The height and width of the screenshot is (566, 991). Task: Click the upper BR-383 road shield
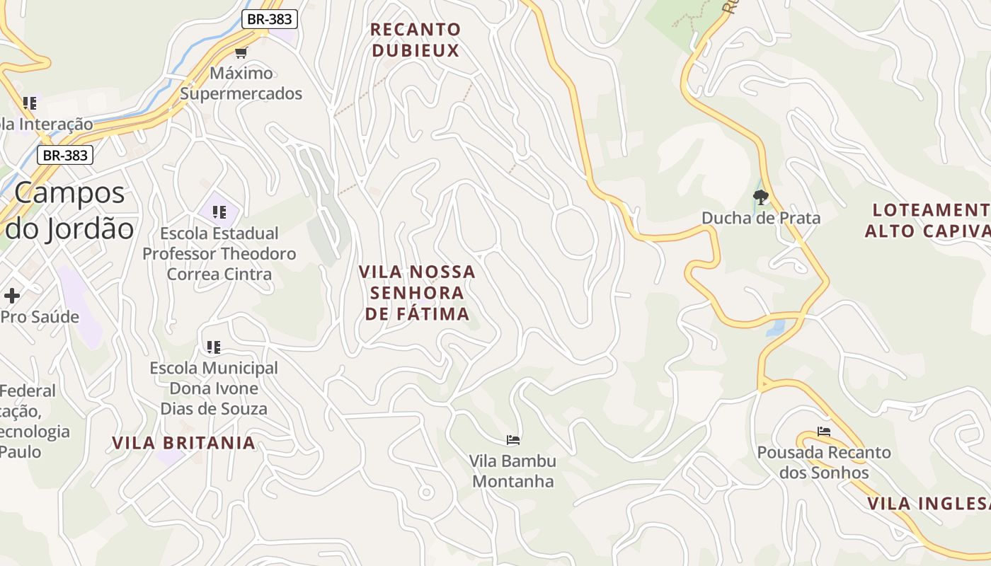pyautogui.click(x=269, y=19)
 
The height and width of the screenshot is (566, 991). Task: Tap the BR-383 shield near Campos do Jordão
pyautogui.click(x=65, y=155)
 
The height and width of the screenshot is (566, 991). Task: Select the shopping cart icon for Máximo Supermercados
pyautogui.click(x=241, y=52)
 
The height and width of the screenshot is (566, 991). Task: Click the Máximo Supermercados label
pyautogui.click(x=241, y=83)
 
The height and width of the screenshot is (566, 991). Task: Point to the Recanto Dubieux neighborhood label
pyautogui.click(x=416, y=40)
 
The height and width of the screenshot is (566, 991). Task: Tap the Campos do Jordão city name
pyautogui.click(x=69, y=211)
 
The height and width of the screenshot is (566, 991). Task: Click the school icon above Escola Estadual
pyautogui.click(x=219, y=212)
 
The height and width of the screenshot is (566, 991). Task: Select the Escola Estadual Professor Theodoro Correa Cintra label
pyautogui.click(x=219, y=253)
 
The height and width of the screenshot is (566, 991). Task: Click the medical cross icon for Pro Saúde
pyautogui.click(x=12, y=296)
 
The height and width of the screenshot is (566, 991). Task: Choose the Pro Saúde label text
pyautogui.click(x=40, y=317)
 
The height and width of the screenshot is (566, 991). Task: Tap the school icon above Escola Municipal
pyautogui.click(x=214, y=347)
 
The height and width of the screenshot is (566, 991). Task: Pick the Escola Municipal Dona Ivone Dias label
pyautogui.click(x=214, y=388)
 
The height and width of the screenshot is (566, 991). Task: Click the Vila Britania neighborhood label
pyautogui.click(x=183, y=443)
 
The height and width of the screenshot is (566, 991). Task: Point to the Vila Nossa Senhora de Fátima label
pyautogui.click(x=417, y=293)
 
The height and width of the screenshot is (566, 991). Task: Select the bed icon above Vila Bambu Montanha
pyautogui.click(x=514, y=440)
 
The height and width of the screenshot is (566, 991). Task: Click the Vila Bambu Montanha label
pyautogui.click(x=514, y=471)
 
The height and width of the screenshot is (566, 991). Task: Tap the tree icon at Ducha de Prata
pyautogui.click(x=761, y=197)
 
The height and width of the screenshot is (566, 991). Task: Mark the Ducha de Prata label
pyautogui.click(x=761, y=218)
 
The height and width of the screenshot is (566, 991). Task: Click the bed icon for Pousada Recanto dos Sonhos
pyautogui.click(x=823, y=431)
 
